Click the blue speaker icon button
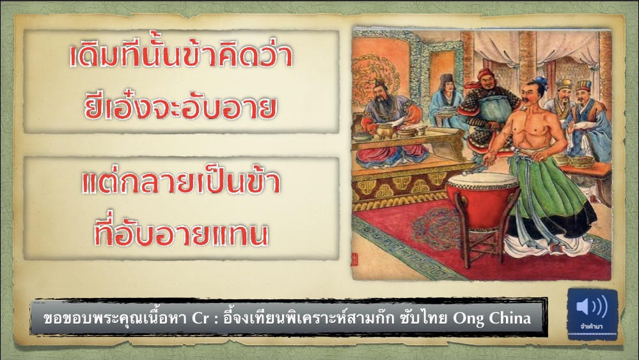pyautogui.click(x=592, y=314)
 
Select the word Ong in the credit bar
pyautogui.click(x=469, y=318)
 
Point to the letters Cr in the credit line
pyautogui.click(x=200, y=318)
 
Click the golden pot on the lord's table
pyautogui.click(x=384, y=131)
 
